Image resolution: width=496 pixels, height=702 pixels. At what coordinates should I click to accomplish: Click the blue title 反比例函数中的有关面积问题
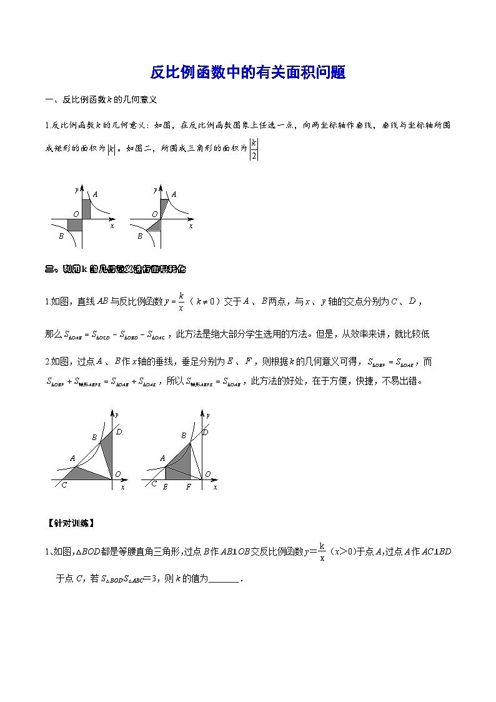click(x=247, y=73)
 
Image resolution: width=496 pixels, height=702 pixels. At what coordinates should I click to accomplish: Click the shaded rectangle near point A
click(x=86, y=209)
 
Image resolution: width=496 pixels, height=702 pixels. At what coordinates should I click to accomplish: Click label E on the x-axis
click(x=165, y=486)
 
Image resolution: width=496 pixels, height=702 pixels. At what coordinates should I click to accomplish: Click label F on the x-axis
click(x=189, y=486)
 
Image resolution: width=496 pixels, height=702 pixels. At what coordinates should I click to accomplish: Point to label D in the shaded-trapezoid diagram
click(x=206, y=432)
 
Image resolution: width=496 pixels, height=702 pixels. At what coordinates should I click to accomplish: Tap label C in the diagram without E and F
click(x=64, y=486)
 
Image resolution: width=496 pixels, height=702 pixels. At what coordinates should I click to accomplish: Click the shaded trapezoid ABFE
click(x=178, y=466)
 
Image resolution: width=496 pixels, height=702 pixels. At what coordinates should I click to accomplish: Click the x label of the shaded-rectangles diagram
click(x=112, y=226)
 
